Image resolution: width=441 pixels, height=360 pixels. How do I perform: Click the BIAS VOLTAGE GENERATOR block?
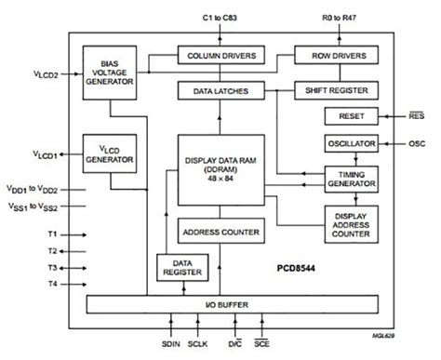110,70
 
